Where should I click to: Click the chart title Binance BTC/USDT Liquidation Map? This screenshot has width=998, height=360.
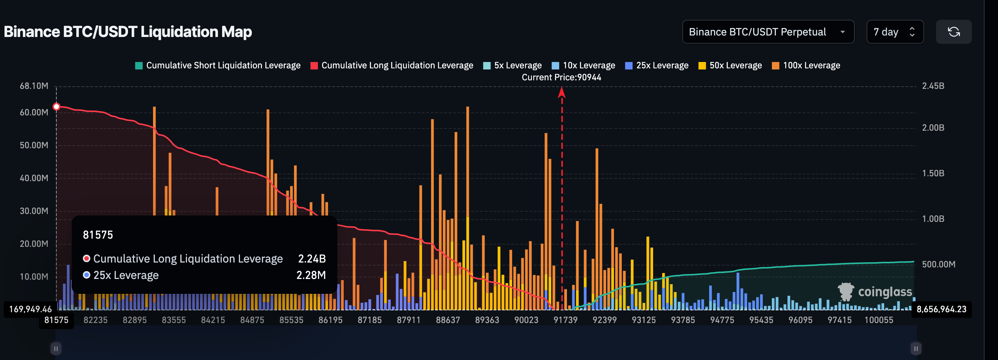[128, 32]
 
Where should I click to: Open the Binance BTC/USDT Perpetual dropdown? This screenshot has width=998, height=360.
[767, 32]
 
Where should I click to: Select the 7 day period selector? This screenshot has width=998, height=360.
[894, 32]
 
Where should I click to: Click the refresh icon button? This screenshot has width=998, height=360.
[953, 32]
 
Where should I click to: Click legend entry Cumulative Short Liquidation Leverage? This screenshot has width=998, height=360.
[218, 65]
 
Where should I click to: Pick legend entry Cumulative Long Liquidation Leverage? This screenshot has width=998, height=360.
[392, 65]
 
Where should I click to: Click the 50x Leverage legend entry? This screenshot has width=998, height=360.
[730, 65]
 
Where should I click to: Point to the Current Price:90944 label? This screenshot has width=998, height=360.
[561, 77]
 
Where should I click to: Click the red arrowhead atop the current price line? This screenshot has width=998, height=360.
[561, 92]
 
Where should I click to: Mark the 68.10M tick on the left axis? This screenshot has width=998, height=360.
[34, 86]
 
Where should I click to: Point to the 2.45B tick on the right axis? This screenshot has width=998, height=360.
[933, 86]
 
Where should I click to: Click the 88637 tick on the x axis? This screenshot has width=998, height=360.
[448, 320]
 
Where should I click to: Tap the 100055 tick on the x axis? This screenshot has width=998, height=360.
[879, 320]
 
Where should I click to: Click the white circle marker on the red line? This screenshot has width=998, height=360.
[57, 106]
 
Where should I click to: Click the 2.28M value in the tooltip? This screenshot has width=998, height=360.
[311, 275]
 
